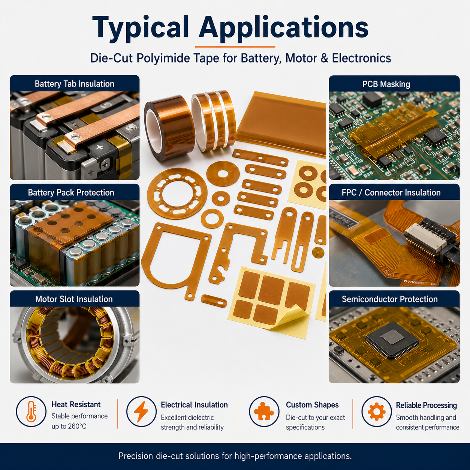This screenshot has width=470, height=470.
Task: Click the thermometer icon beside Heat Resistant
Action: tap(31, 411)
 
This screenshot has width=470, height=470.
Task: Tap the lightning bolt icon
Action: tap(141, 411)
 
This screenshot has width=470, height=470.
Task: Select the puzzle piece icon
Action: tap(264, 411)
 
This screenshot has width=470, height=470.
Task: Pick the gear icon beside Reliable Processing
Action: tap(377, 411)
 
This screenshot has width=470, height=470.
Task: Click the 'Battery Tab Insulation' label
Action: tap(74, 84)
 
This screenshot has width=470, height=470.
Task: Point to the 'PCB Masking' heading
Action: tap(386, 84)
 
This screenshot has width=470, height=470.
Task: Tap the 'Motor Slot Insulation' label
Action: tap(74, 299)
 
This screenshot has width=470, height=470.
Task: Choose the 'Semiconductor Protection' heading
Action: tap(389, 299)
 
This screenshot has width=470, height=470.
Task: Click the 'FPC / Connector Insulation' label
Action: tap(391, 192)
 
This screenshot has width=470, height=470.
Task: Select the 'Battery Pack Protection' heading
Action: tap(71, 192)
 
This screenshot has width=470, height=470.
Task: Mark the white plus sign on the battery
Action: tap(100, 147)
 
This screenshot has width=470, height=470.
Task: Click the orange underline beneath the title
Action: tap(235, 46)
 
